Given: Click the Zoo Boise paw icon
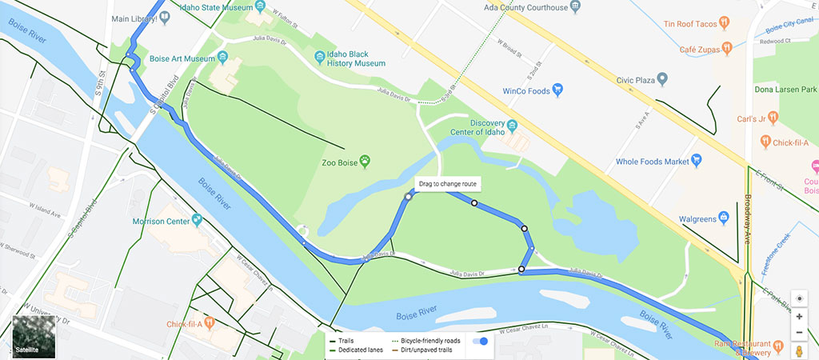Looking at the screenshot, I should [x=366, y=161].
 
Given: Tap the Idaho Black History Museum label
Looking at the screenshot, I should [x=357, y=59].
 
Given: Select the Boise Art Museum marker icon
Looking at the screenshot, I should [x=222, y=58].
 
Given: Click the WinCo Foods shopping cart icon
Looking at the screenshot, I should [x=559, y=90].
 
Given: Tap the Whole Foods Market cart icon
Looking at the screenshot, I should [x=696, y=161].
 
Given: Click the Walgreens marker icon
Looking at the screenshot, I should [x=724, y=216].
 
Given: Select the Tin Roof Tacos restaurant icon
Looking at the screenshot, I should [x=724, y=22].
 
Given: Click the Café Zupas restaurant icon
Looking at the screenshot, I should [x=727, y=49].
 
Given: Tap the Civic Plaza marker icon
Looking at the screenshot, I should [x=661, y=79].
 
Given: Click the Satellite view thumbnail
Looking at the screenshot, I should [x=34, y=336].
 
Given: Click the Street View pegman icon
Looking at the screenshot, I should [x=799, y=351].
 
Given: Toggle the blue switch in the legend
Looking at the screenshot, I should [x=480, y=341].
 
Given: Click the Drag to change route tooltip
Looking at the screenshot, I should [x=448, y=184].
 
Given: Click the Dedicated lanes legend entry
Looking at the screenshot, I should [x=358, y=350].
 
